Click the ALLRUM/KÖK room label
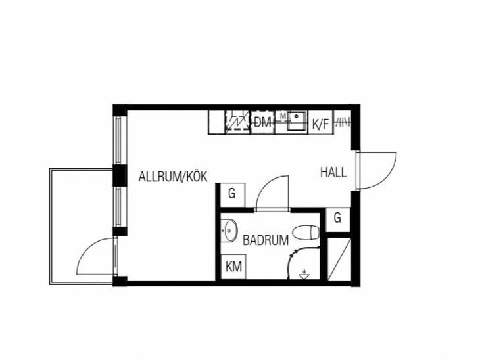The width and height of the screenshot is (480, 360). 173,177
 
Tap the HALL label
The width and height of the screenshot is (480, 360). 333,173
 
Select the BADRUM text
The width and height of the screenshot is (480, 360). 266,240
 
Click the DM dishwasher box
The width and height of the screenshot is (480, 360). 262,122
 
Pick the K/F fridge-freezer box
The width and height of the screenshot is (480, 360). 320,122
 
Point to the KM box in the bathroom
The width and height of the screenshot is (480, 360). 233,267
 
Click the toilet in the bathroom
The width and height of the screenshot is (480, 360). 306,233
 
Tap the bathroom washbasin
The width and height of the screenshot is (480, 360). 230,231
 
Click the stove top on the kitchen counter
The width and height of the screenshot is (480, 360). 237,121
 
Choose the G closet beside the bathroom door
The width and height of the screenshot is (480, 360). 232,195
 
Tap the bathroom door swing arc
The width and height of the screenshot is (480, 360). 266,184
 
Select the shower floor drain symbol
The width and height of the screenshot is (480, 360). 304,275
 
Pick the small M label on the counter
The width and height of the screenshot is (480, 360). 283,116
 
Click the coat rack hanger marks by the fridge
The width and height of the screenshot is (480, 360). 343,122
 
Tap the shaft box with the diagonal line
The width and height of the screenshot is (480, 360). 339,259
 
